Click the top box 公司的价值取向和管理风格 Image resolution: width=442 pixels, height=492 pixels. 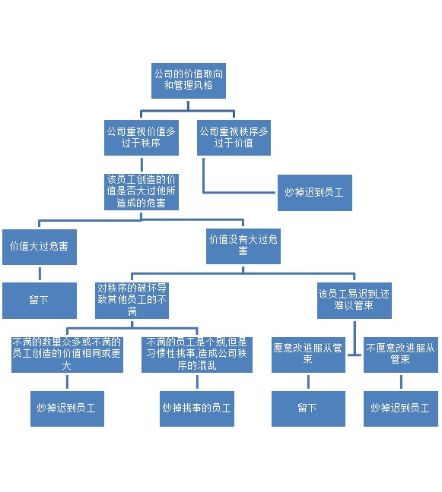(x=189, y=80)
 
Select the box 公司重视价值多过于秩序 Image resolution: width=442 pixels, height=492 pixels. (x=142, y=137)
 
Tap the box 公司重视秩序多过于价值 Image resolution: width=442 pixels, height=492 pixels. (x=234, y=137)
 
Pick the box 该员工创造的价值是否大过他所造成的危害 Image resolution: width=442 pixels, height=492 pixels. (x=142, y=192)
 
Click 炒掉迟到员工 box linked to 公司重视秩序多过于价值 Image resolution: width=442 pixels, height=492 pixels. (x=315, y=193)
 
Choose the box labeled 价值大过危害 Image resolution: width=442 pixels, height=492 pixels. (x=40, y=247)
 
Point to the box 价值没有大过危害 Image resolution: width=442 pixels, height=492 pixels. (x=243, y=246)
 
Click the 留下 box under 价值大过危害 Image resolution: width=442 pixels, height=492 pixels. (x=40, y=301)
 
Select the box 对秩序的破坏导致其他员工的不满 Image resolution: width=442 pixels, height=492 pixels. (x=132, y=301)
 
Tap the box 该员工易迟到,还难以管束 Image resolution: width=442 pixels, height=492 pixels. (x=355, y=301)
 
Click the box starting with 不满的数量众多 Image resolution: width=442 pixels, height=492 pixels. (x=67, y=355)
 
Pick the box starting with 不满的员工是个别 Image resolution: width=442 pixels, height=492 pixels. (x=197, y=355)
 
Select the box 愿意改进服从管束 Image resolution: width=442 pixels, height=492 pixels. (x=308, y=355)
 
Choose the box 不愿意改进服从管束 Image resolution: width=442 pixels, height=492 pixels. (x=401, y=355)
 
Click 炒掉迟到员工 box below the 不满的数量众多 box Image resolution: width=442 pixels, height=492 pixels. (x=67, y=408)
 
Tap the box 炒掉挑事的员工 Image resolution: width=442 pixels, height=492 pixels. (x=197, y=408)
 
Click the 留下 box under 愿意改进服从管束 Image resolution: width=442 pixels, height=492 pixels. (x=308, y=408)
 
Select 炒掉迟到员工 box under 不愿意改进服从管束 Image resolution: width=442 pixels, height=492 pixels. (x=401, y=408)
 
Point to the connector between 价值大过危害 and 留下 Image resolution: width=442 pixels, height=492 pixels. (x=40, y=273)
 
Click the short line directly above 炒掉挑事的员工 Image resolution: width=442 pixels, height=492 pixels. (x=197, y=382)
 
